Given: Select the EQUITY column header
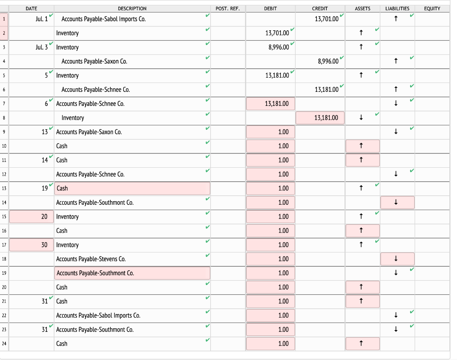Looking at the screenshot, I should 432,8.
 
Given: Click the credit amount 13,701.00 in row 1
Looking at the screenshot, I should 326,19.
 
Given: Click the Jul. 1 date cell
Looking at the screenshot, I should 40,19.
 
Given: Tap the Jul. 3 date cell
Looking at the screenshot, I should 40,47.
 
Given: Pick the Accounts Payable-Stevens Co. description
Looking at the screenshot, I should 91,259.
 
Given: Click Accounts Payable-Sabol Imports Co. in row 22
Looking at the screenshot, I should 98,315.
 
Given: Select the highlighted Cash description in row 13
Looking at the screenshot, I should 132,188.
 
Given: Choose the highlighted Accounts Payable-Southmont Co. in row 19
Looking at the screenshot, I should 132,273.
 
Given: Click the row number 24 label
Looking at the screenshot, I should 4,344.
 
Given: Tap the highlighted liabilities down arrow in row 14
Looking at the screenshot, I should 397,203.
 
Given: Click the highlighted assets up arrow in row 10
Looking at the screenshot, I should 362,146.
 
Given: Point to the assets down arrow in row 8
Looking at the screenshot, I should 361,118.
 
